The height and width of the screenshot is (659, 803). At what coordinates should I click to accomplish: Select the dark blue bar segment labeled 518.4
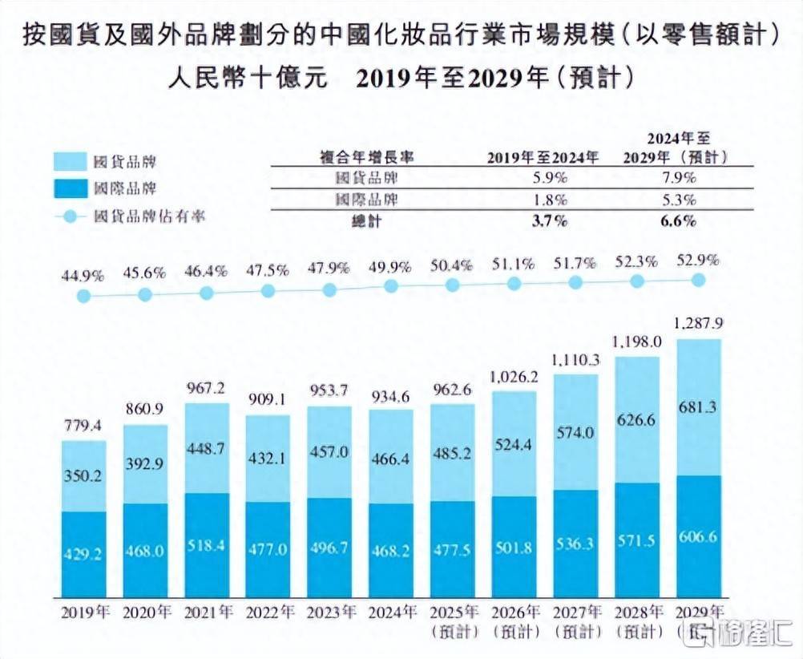point(206,545)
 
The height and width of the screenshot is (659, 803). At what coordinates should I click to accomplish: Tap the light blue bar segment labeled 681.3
point(698,406)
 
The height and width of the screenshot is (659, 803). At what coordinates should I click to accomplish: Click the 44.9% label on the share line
point(83,276)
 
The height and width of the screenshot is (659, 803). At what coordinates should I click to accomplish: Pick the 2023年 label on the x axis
point(329,613)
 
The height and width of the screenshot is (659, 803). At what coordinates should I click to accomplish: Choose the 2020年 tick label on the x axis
point(145,613)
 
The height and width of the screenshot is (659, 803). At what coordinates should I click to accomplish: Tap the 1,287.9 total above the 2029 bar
point(698,325)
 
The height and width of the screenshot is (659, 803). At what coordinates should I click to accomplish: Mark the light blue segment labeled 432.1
point(268,463)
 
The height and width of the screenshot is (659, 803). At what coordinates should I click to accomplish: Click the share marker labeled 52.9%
point(698,279)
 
